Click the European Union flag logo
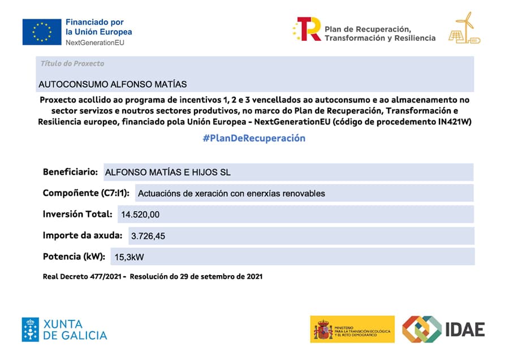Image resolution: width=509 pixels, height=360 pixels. point(42,32)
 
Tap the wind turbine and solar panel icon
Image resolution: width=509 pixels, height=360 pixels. point(464,28)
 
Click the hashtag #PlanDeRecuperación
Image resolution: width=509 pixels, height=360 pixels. point(254,139)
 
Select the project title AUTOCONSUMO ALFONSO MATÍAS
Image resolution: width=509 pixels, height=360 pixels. point(113,84)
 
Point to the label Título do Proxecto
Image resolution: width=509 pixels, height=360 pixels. point(72,63)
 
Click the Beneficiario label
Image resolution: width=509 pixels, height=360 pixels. point(70,172)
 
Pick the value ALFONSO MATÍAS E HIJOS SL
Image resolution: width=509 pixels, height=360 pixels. point(168,173)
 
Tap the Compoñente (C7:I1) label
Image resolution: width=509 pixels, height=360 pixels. point(86,193)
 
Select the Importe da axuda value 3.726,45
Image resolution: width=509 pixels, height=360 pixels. point(148,236)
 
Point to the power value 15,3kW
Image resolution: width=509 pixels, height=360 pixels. point(129,257)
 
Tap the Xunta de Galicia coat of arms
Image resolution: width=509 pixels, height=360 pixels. point(31,329)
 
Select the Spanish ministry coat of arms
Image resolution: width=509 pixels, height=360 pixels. point(323,329)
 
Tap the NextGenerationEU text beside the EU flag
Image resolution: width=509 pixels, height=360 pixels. point(95,42)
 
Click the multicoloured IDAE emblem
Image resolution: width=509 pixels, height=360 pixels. point(421,329)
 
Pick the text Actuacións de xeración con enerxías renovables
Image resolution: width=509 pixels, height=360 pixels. point(231,194)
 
